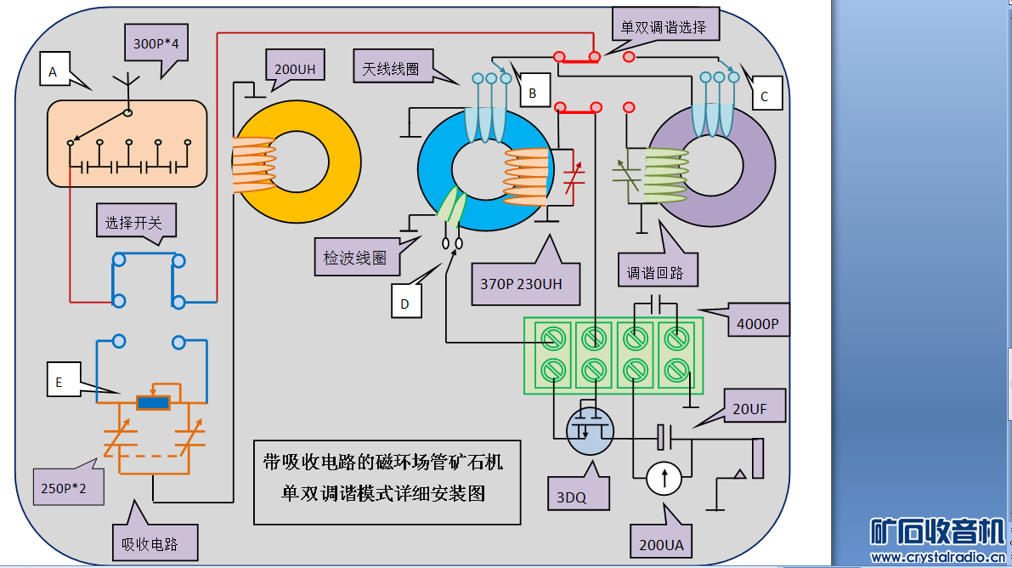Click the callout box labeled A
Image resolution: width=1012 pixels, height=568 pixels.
coord(53,73)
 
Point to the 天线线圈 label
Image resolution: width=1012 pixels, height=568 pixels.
coord(392,68)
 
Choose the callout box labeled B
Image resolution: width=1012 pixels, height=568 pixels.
coord(533,94)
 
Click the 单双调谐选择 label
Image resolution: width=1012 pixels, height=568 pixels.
coord(663,27)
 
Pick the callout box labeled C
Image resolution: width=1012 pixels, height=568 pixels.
coord(764,97)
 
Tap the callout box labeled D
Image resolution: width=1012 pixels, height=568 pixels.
coord(406,303)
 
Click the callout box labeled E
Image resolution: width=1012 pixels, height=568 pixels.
coord(59,383)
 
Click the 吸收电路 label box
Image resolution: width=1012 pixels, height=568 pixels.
coord(155,542)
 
